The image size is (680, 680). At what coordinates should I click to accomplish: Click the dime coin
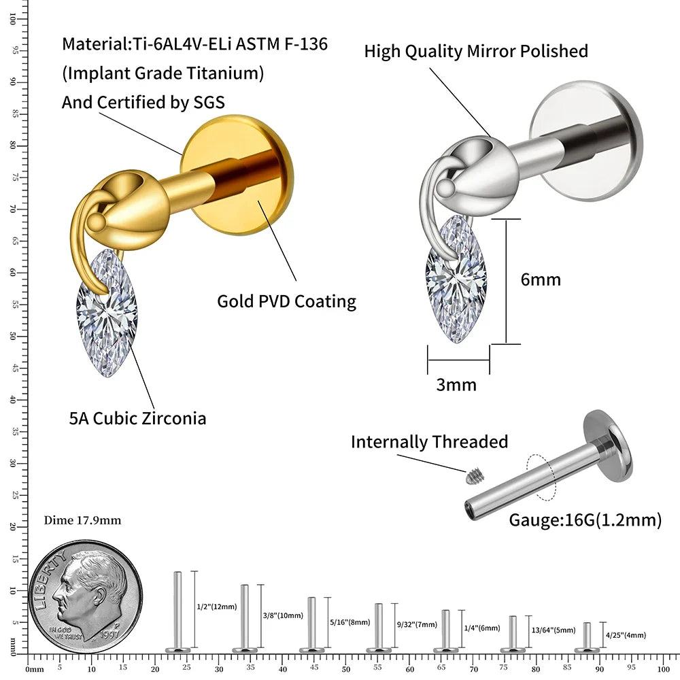point(86,597)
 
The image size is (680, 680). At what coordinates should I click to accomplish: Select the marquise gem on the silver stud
point(456,279)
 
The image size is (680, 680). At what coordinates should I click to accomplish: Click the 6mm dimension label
point(541,279)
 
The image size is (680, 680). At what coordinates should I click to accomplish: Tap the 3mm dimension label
point(456,385)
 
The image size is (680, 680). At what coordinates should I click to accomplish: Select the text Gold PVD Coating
point(286,301)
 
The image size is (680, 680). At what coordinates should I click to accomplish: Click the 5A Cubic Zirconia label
point(137,418)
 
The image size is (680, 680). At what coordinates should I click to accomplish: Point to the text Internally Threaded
point(429,442)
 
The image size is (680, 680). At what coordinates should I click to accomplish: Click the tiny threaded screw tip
point(471,477)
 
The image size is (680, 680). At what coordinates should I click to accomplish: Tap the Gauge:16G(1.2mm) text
point(585,521)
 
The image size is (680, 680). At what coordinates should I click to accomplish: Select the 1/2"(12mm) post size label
point(216,607)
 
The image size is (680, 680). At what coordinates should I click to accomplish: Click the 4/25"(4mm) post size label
point(625,635)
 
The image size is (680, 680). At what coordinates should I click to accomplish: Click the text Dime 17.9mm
point(82,521)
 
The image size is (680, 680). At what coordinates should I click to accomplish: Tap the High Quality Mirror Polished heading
point(476,51)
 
